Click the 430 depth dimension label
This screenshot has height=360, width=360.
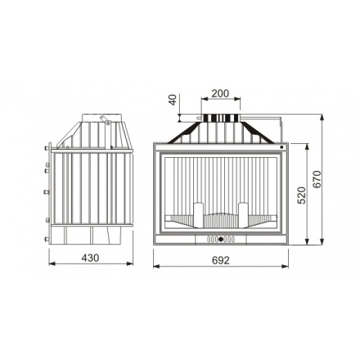coord(90,258)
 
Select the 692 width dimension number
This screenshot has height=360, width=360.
coord(221,260)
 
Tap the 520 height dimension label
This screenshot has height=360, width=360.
coord(302,196)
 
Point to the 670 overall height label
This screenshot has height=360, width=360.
coord(317,179)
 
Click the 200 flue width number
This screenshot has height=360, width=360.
coord(220,93)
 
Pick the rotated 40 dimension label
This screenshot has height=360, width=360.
coord(173,100)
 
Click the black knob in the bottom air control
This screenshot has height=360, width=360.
coord(221,239)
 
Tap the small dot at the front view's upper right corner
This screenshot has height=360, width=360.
coord(281,147)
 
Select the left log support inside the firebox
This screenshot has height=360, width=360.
coord(199,215)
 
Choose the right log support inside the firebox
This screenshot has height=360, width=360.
coord(243,215)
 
